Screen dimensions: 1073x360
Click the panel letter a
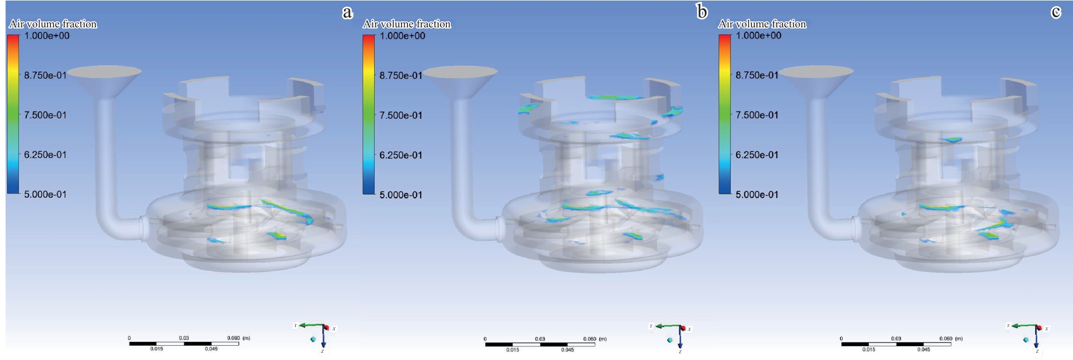point(347,13)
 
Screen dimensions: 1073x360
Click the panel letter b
point(702,11)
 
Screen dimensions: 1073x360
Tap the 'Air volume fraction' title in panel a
point(53,24)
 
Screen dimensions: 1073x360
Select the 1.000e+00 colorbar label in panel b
point(403,36)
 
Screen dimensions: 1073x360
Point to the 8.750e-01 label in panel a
point(45,76)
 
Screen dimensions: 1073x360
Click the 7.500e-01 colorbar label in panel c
point(757,115)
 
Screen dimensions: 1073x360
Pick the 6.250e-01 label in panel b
point(401,155)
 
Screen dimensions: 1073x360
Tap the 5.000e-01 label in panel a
point(45,195)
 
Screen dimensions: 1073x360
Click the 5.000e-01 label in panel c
point(757,195)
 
